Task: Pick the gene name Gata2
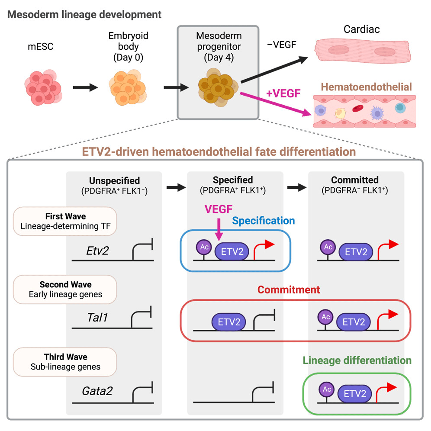pyautogui.click(x=97, y=391)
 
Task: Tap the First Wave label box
pyautogui.click(x=66, y=221)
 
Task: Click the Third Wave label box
pyautogui.click(x=66, y=362)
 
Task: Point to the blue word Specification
pyautogui.click(x=264, y=221)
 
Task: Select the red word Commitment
pyautogui.click(x=289, y=289)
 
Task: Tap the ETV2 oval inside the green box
pyautogui.click(x=355, y=393)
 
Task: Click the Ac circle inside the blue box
pyautogui.click(x=204, y=247)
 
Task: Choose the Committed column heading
pyautogui.click(x=355, y=180)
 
